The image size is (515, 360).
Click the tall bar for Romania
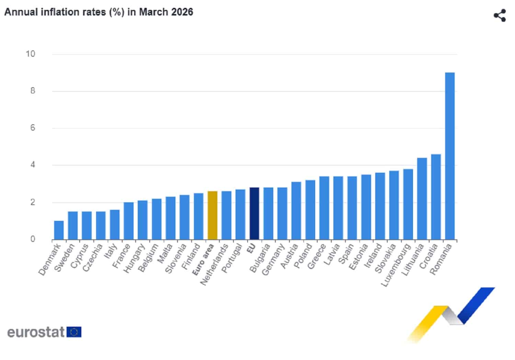(x=450, y=156)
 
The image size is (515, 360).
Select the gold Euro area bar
(x=213, y=215)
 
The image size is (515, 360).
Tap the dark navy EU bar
(x=254, y=214)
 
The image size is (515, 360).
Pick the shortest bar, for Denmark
(x=59, y=230)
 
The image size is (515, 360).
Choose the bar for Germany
(x=282, y=214)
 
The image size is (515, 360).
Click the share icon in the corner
(x=500, y=15)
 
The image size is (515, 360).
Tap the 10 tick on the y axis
(x=31, y=54)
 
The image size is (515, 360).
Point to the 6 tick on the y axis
(x=33, y=128)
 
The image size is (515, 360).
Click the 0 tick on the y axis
(x=33, y=239)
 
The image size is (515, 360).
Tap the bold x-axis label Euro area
(x=204, y=259)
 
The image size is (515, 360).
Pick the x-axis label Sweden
(x=65, y=258)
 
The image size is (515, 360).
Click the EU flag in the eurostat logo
(x=74, y=332)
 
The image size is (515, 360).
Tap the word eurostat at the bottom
(x=36, y=332)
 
